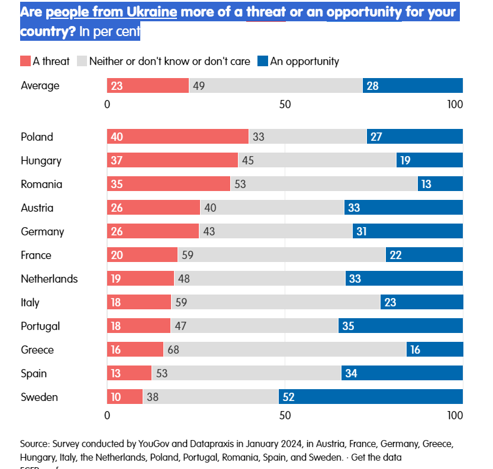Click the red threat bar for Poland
(x=178, y=137)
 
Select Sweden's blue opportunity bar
(x=370, y=397)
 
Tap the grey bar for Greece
(x=285, y=350)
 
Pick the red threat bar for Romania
(x=169, y=184)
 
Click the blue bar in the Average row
(x=413, y=86)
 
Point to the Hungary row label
(x=41, y=160)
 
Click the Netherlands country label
(x=49, y=279)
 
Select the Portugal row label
(x=40, y=326)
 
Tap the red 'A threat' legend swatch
(x=25, y=61)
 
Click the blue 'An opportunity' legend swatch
(x=263, y=61)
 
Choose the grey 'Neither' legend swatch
(x=82, y=61)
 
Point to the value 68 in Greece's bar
(x=173, y=350)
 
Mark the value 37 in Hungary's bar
(x=117, y=161)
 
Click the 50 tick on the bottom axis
(x=285, y=415)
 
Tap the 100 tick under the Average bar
(x=455, y=105)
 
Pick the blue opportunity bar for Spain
(x=402, y=373)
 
